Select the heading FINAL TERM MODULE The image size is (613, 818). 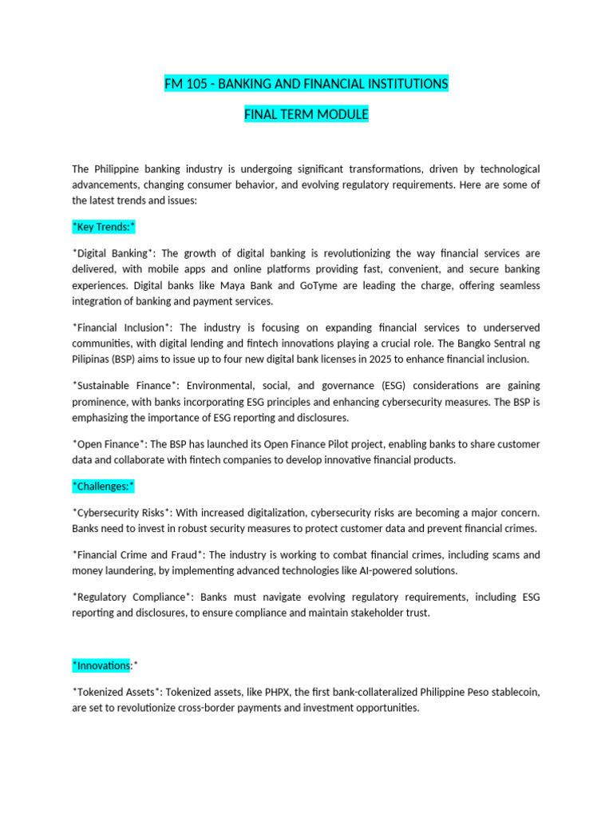point(306,115)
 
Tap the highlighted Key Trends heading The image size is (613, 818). point(104,227)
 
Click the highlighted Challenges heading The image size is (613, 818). point(103,486)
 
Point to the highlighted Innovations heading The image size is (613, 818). point(105,665)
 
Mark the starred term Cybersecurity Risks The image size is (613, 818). point(122,512)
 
